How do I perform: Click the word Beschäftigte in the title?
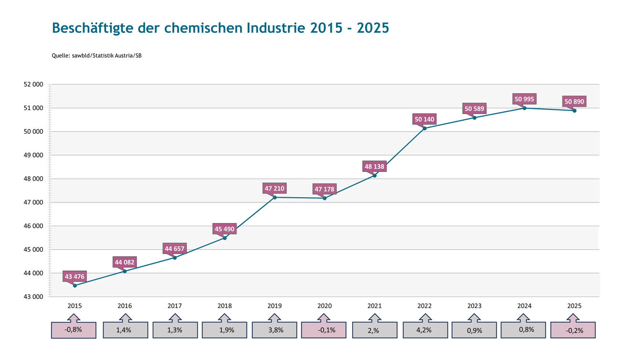93,28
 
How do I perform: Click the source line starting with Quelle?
96,56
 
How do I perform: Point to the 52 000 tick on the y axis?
33,85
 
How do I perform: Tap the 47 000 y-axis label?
33,202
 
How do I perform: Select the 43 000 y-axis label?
33,297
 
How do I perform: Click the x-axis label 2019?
275,306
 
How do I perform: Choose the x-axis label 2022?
425,306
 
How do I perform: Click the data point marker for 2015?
75,286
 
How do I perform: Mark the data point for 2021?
374,175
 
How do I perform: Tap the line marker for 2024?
524,108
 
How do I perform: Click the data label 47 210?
275,189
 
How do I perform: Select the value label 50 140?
425,119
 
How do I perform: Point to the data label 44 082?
125,262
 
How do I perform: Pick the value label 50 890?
574,102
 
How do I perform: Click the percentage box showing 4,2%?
426,330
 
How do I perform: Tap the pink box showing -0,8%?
74,330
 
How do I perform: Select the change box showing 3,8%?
275,330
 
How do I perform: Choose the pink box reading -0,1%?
324,330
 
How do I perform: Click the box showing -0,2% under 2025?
573,330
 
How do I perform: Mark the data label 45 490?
224,229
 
